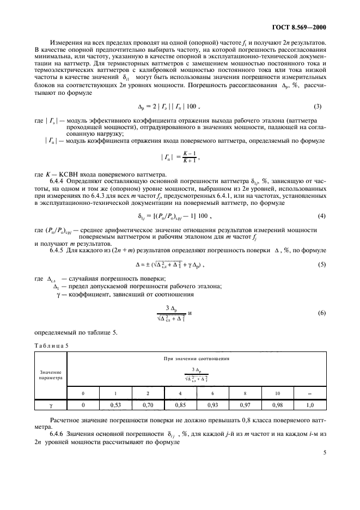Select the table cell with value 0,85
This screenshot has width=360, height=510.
(180, 405)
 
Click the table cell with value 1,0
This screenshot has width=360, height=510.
(310, 405)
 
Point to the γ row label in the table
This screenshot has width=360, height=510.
(50, 405)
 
